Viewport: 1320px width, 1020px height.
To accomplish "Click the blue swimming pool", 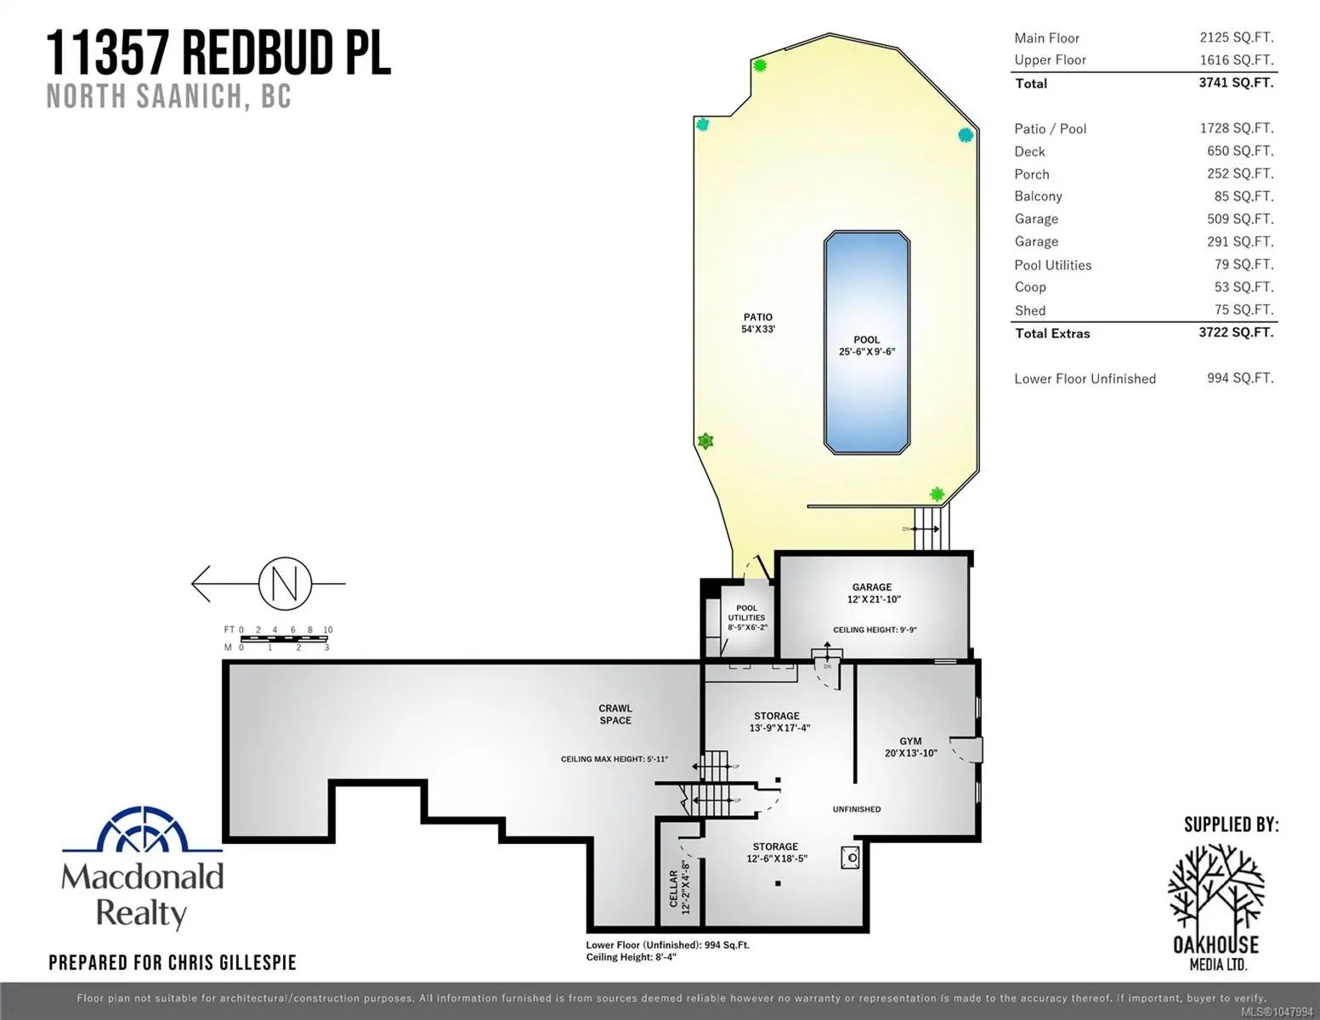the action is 866,342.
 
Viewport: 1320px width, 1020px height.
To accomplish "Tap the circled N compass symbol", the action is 285,583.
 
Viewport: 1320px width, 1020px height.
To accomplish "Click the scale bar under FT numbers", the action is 284,638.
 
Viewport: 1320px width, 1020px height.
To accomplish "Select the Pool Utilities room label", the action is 746,617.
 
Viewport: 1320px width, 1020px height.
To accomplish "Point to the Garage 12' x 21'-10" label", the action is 873,593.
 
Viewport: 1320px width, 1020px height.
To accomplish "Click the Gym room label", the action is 910,746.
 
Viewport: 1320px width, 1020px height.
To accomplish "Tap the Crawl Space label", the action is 615,714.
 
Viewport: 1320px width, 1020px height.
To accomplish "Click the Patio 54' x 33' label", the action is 758,323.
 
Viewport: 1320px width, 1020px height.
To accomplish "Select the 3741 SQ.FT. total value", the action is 1236,82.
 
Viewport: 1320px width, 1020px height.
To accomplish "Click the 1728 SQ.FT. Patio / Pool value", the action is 1237,128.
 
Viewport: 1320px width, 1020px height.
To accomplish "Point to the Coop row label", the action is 1029,286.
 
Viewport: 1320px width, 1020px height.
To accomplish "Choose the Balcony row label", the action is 1038,196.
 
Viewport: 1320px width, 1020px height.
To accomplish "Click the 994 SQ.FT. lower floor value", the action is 1240,378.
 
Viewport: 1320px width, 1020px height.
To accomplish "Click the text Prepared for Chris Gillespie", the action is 173,962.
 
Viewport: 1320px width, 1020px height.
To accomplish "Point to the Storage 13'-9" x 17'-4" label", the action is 777,722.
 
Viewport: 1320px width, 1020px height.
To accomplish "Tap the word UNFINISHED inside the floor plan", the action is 857,809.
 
